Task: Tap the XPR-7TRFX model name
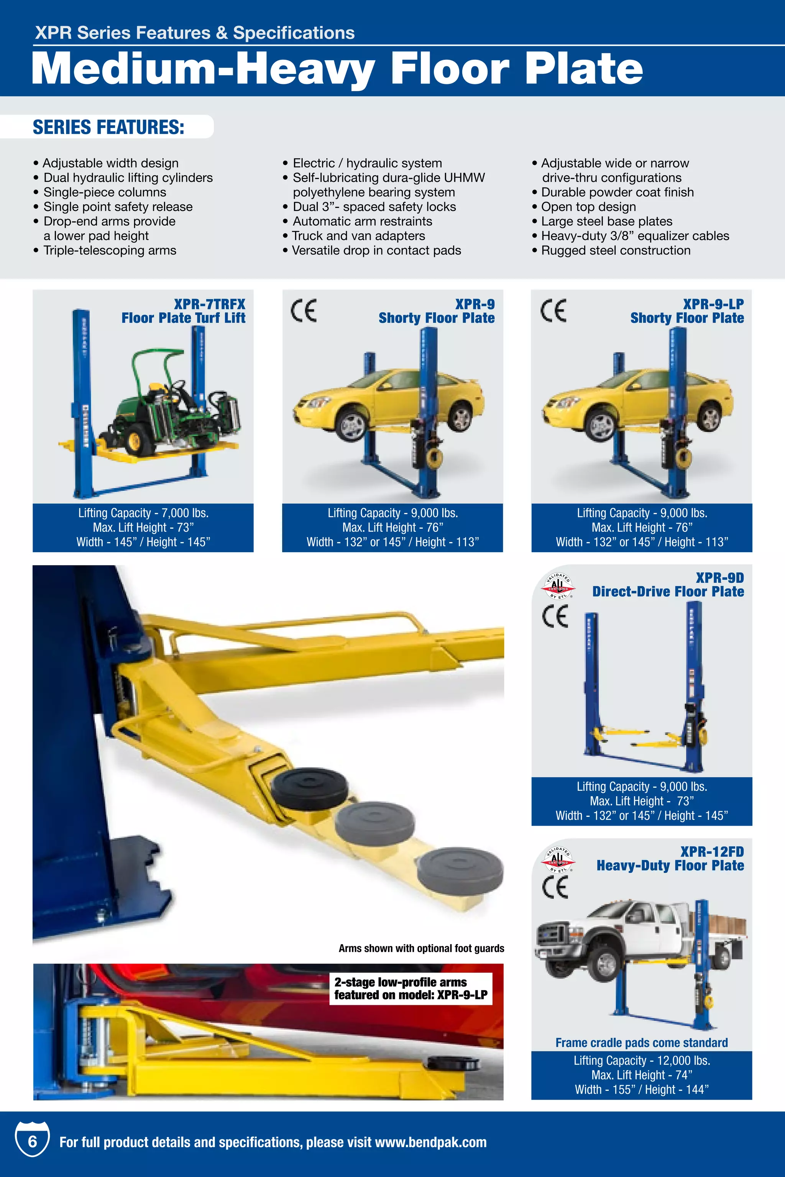click(209, 304)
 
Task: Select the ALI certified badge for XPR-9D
click(558, 586)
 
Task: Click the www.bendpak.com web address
click(430, 1143)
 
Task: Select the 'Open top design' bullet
click(588, 207)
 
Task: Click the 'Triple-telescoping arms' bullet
click(110, 250)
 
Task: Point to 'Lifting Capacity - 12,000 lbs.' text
click(642, 1061)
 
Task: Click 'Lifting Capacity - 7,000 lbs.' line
click(143, 513)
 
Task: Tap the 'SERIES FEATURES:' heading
click(108, 127)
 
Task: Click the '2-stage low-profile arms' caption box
click(411, 988)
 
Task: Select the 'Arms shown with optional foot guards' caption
click(421, 948)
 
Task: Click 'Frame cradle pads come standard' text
click(641, 1043)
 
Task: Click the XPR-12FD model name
click(711, 851)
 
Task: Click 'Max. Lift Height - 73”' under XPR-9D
click(641, 801)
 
